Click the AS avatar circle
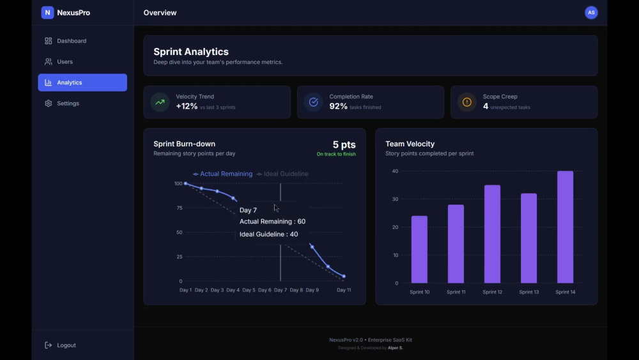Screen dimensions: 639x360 click(x=591, y=13)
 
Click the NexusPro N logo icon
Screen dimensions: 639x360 click(x=48, y=13)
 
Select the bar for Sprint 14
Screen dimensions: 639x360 click(x=566, y=227)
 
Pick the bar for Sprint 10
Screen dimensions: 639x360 click(x=419, y=249)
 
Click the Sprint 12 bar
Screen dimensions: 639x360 click(x=492, y=234)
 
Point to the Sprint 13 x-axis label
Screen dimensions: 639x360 click(x=529, y=292)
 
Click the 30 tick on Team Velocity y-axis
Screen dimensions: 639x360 click(x=395, y=199)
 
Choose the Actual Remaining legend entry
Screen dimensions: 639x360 click(x=222, y=174)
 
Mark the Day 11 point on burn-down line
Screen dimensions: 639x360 click(x=344, y=276)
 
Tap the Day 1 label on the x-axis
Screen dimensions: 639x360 click(x=185, y=290)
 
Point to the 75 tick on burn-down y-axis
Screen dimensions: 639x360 click(x=180, y=208)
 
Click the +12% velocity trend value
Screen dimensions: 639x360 click(x=187, y=106)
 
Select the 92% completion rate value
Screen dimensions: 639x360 click(x=338, y=106)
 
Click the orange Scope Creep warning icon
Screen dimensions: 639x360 click(x=467, y=102)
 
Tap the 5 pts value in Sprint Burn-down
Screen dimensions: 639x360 click(x=344, y=145)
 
